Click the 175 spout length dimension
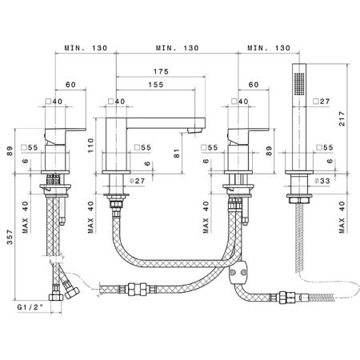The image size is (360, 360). (x=161, y=71)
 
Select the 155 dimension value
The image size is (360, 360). (x=156, y=85)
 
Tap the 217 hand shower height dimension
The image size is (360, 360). (x=342, y=118)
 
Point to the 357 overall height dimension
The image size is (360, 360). (x=10, y=237)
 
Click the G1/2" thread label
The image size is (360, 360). (x=30, y=307)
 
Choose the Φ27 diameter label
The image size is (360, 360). (x=137, y=181)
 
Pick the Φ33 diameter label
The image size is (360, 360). (x=322, y=181)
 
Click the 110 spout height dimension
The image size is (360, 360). (x=91, y=146)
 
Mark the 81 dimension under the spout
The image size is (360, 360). (x=177, y=154)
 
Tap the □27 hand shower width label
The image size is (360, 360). (x=322, y=102)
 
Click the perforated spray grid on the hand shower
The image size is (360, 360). (x=299, y=83)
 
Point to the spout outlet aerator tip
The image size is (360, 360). (x=194, y=130)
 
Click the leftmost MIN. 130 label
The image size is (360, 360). (x=86, y=48)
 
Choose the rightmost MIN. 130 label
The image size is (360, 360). (x=269, y=48)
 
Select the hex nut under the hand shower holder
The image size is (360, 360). (x=299, y=201)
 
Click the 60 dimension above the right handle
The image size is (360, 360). (x=254, y=85)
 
